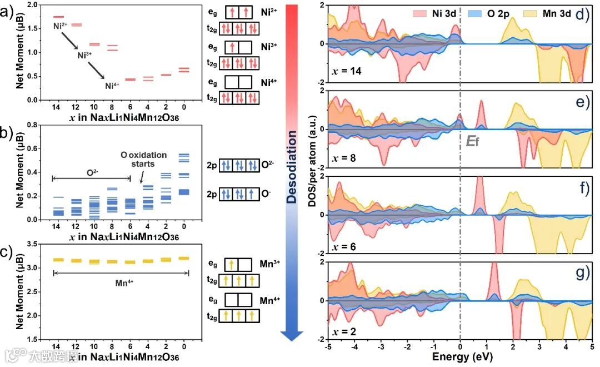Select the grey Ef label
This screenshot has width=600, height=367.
pos(472,141)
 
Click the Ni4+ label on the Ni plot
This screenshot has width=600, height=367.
pos(112,86)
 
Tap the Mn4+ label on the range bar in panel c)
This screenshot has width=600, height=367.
pos(121,281)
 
